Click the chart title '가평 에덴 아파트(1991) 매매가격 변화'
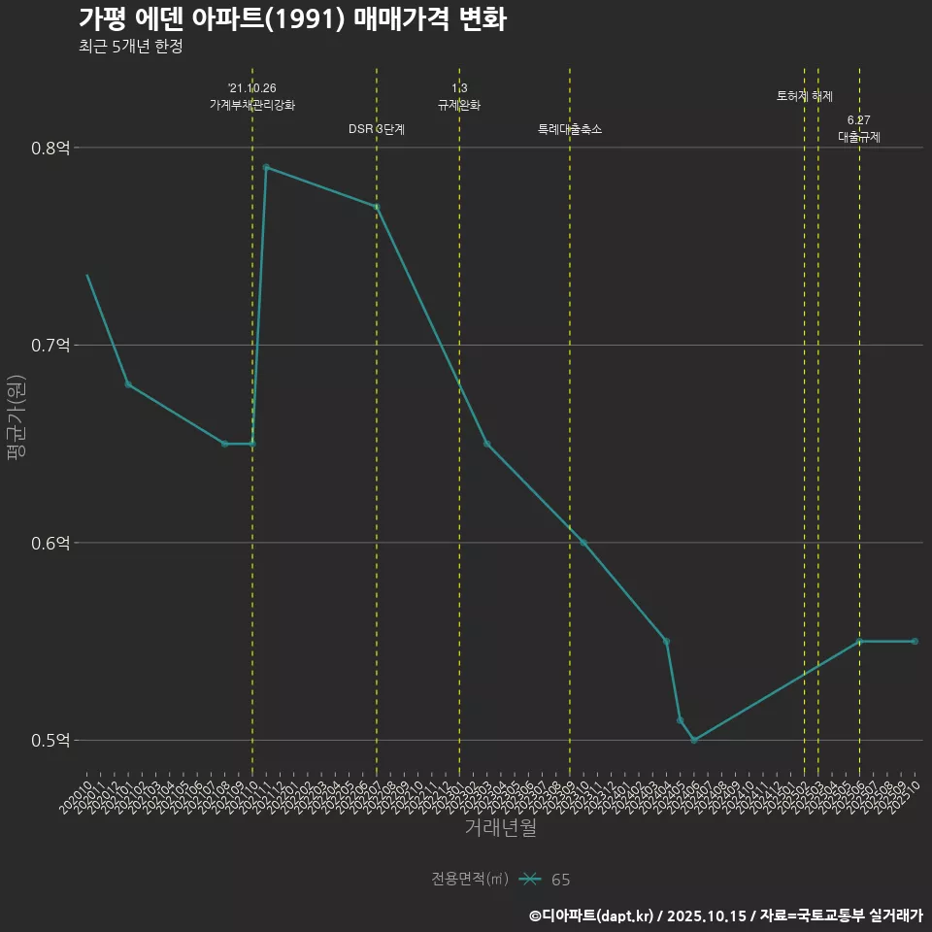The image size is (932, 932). [292, 19]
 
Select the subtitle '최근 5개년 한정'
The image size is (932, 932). [131, 46]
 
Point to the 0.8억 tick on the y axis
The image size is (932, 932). [50, 149]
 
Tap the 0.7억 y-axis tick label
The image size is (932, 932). [50, 346]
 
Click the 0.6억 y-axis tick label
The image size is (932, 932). [50, 544]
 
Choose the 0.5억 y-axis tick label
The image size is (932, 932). [50, 741]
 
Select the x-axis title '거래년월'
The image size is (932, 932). [500, 828]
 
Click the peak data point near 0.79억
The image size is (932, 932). [266, 167]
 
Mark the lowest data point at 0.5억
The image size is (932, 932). [694, 741]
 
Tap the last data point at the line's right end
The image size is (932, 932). [915, 642]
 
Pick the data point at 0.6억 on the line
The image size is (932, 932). [583, 543]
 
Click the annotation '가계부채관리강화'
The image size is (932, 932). [252, 104]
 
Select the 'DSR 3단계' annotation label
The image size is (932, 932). [377, 129]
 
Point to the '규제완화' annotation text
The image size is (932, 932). [459, 105]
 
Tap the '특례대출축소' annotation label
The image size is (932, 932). [570, 129]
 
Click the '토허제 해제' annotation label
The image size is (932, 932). [805, 96]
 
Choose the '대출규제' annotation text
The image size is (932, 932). [859, 137]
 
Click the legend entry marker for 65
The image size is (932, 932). [529, 880]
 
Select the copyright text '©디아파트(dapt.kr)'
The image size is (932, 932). [592, 915]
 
